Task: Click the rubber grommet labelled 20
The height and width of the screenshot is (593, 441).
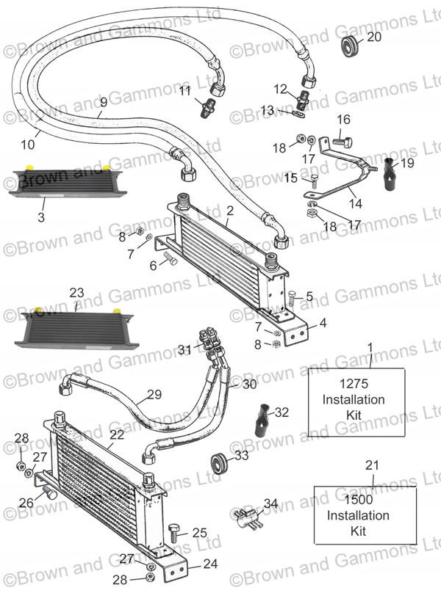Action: pos(349,46)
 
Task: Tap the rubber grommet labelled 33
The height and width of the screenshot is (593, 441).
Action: pos(219,462)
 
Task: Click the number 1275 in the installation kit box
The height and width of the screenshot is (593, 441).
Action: pos(354,384)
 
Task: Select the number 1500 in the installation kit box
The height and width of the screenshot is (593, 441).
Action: pos(358,500)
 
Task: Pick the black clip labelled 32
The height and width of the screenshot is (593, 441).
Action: pos(263,421)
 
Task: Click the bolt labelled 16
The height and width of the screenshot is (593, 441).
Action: pos(343,142)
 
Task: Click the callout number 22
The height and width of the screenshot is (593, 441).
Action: pos(117,434)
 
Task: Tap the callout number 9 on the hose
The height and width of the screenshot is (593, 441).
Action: pos(104,102)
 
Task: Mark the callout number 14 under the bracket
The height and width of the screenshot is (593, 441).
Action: pos(355,203)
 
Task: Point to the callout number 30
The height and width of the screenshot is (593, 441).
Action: pos(250,385)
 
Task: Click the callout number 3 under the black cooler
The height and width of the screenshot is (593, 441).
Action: pos(41,217)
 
